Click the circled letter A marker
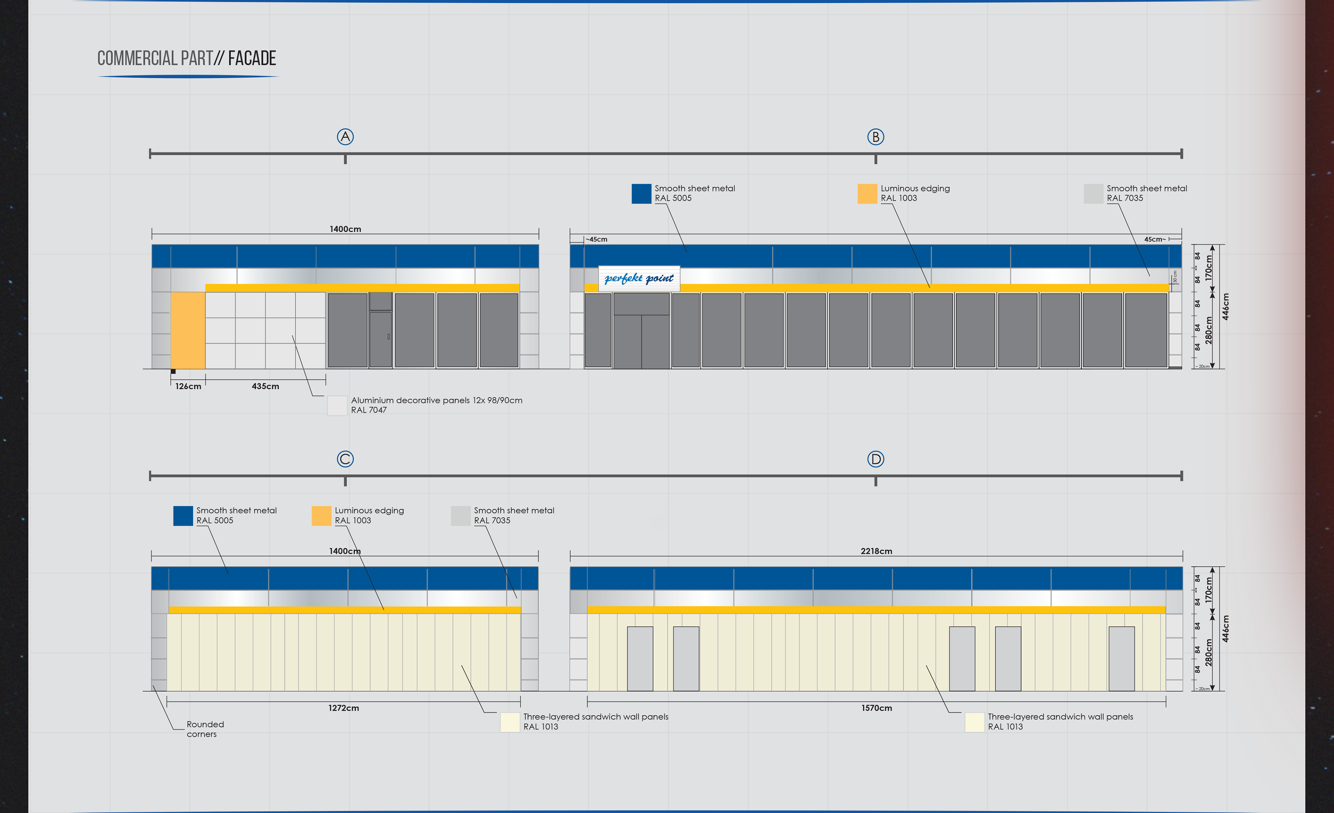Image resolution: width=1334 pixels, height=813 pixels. pyautogui.click(x=345, y=137)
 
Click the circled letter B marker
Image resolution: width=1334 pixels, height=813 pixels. pyautogui.click(x=875, y=137)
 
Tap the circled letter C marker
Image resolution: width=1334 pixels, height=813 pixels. pyautogui.click(x=345, y=459)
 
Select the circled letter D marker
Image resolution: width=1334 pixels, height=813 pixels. pyautogui.click(x=875, y=459)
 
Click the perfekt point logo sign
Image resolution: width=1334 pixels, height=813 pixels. pyautogui.click(x=639, y=278)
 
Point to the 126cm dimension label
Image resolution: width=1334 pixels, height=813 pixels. pyautogui.click(x=188, y=386)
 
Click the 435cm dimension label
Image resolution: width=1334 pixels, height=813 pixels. pyautogui.click(x=265, y=386)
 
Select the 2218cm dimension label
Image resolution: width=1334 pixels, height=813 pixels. pyautogui.click(x=876, y=551)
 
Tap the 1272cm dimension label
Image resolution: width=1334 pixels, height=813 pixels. pyautogui.click(x=343, y=708)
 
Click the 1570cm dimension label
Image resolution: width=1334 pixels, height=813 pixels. pyautogui.click(x=876, y=708)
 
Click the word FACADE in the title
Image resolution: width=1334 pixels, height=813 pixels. pyautogui.click(x=252, y=58)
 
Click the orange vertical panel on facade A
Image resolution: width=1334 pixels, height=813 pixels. pyautogui.click(x=188, y=331)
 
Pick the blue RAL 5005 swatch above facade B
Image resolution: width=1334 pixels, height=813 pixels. pyautogui.click(x=641, y=193)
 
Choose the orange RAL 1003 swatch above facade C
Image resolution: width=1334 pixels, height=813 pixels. pyautogui.click(x=321, y=515)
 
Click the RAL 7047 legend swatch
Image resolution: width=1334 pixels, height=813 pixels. pyautogui.click(x=337, y=406)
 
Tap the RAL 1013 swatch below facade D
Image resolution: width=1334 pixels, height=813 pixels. pyautogui.click(x=974, y=722)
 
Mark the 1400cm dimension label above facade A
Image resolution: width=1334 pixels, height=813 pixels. pyautogui.click(x=345, y=229)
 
